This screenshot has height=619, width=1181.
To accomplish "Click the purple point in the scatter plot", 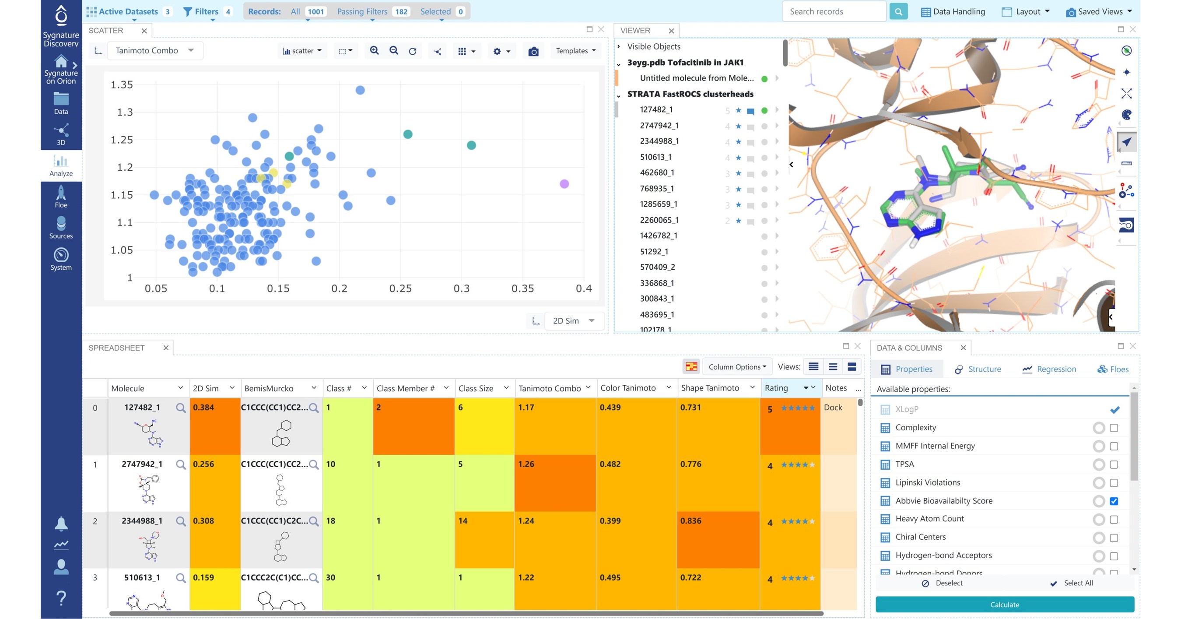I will (564, 184).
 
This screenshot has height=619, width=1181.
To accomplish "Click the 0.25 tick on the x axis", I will (400, 288).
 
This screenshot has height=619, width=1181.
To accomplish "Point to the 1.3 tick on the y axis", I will (125, 113).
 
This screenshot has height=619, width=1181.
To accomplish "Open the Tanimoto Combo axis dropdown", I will (154, 50).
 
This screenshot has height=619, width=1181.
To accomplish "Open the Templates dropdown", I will (575, 51).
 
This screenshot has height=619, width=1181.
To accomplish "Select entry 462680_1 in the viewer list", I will (656, 172).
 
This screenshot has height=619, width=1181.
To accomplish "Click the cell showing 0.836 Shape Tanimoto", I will (690, 521).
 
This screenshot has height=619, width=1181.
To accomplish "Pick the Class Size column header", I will (476, 388).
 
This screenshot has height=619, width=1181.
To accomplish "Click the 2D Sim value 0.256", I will (203, 464).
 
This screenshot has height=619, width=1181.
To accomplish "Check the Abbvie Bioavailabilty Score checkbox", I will (1114, 501).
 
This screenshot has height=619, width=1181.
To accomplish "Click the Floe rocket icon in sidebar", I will (61, 193).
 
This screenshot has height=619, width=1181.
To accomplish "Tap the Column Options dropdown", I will (737, 367).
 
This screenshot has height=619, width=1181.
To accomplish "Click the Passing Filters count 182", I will (401, 11).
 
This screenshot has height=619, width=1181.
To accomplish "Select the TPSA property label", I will (904, 464).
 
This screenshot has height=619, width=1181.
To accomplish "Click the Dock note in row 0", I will (833, 407).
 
